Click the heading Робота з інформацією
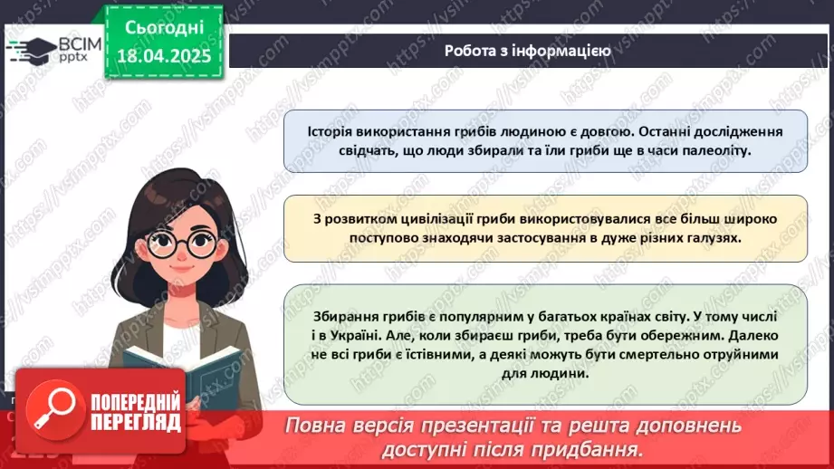527,51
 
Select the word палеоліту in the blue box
721,150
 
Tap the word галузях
712,237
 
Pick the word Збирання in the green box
338,315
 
